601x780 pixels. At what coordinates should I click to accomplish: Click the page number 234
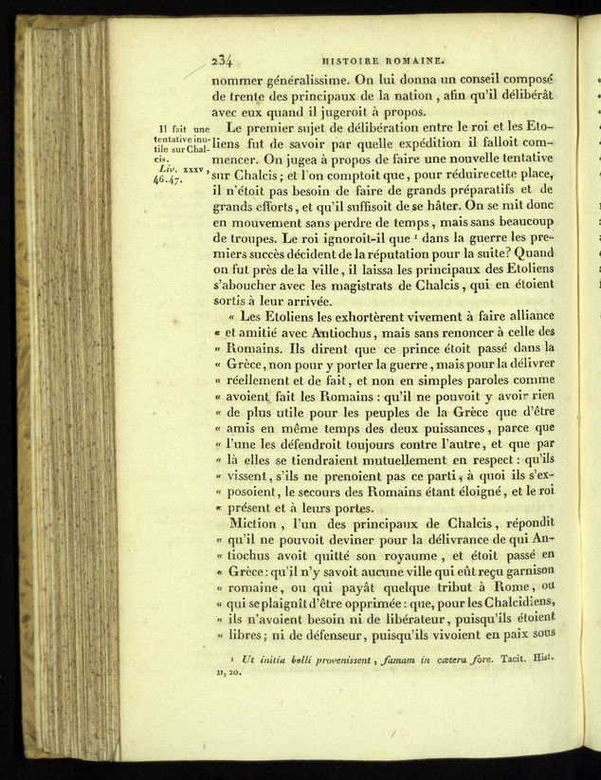[x=225, y=56]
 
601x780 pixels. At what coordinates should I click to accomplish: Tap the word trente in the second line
[x=249, y=97]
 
